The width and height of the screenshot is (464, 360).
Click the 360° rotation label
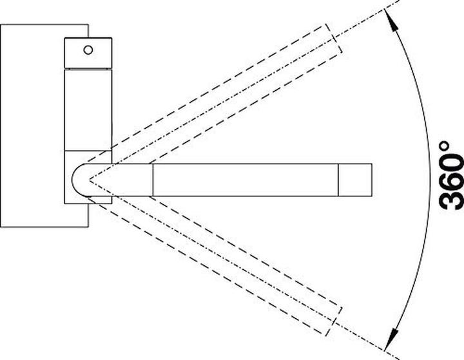click(452, 176)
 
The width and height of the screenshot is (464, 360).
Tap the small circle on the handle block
click(88, 50)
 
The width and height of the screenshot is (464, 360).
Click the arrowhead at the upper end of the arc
click(391, 19)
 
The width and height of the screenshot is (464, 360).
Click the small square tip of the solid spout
click(355, 180)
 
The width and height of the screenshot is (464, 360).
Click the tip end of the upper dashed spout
click(334, 39)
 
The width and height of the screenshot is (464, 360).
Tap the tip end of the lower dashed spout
click(334, 321)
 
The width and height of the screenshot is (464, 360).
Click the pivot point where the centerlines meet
click(90, 180)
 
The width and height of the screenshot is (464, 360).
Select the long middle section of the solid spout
click(246, 180)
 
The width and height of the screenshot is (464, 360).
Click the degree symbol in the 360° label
click(445, 146)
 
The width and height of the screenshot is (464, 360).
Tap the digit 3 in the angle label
click(452, 198)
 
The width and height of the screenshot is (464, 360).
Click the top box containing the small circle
click(88, 53)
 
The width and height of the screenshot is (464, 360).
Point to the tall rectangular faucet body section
click(88, 110)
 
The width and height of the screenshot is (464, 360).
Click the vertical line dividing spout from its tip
click(338, 180)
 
